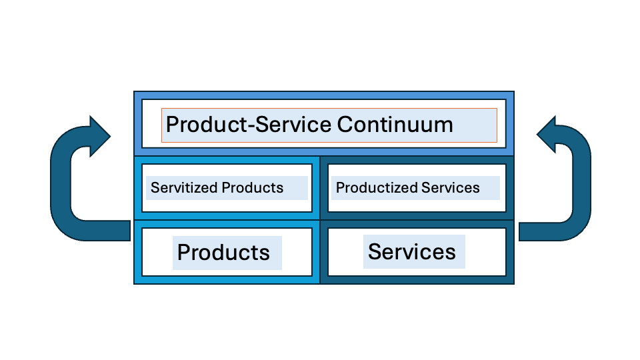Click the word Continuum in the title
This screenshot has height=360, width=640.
click(x=395, y=124)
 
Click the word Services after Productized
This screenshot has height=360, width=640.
click(x=451, y=187)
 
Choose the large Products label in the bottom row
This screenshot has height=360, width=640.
click(x=223, y=252)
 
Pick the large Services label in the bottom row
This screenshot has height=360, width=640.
click(x=412, y=251)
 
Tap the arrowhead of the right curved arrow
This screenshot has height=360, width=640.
click(x=546, y=135)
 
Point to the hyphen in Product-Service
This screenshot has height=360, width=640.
click(x=251, y=127)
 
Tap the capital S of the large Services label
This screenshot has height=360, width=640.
click(x=375, y=251)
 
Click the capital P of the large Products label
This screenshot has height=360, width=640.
click(x=184, y=252)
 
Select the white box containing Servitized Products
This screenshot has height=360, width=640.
click(x=227, y=188)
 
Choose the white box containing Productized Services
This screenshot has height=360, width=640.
click(x=417, y=188)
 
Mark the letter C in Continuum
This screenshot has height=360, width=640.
click(x=345, y=124)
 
